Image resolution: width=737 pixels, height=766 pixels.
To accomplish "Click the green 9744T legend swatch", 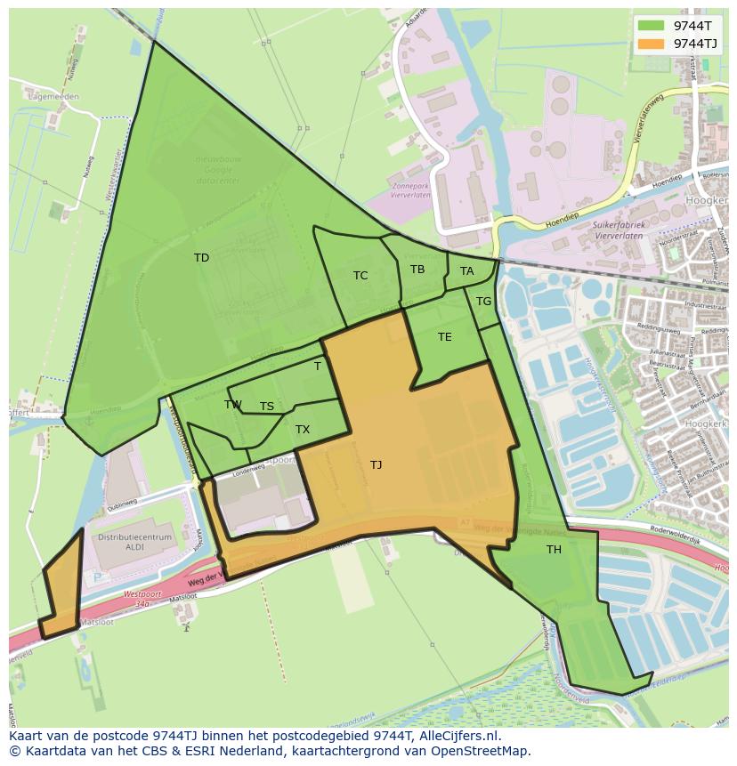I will point(652,25).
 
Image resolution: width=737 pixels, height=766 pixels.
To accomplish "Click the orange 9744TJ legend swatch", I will point(652,43).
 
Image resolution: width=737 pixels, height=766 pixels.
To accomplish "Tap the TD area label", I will point(201,258).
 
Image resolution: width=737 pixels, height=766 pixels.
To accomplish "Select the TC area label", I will point(360,276).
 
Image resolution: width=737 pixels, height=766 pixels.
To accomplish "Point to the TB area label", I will point(417,270).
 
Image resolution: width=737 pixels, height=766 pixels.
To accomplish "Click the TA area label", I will point(466,271).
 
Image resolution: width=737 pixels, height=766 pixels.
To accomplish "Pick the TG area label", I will point(483,302).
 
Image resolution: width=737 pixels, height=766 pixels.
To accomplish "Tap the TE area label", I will point(444,337).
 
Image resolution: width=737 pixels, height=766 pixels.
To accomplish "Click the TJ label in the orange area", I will point(376,465).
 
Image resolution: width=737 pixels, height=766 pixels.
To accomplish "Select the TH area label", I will point(554,550).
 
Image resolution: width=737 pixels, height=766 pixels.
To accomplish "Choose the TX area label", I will point(303,430).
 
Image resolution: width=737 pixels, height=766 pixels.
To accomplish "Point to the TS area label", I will point(267,407).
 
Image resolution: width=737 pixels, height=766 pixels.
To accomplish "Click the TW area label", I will point(233,405).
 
